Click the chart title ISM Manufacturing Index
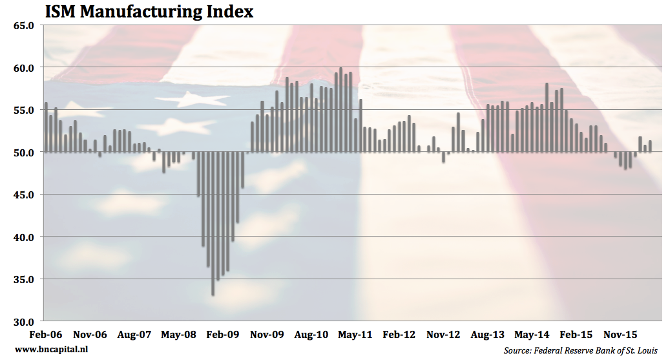point(148,12)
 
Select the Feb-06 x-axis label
point(47,335)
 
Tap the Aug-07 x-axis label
point(134,335)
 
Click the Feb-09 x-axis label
point(223,335)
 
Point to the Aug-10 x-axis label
point(311,335)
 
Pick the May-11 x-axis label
point(355,335)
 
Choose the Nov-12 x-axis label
point(444,335)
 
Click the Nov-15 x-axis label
point(620,335)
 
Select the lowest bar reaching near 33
point(213,223)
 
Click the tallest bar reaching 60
point(341,110)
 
